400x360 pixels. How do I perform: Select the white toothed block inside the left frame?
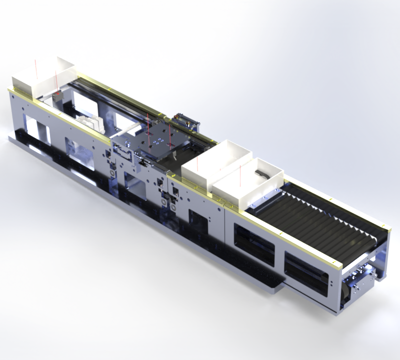[x=91, y=123]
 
